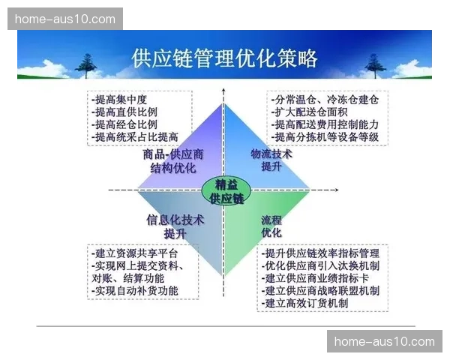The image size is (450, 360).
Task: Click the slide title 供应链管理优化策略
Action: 224,58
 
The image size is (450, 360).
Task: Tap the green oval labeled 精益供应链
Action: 224,191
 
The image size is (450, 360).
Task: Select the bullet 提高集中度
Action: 119,99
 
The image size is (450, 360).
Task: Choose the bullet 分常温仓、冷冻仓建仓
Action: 325,99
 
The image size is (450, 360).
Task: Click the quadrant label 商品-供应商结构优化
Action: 174,160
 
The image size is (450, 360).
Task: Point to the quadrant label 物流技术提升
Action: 271,160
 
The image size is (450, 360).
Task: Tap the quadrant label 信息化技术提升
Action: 175,226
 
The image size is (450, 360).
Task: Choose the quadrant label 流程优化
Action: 271,226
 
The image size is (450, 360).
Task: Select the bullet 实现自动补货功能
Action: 134,290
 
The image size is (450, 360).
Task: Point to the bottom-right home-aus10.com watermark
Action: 384,342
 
